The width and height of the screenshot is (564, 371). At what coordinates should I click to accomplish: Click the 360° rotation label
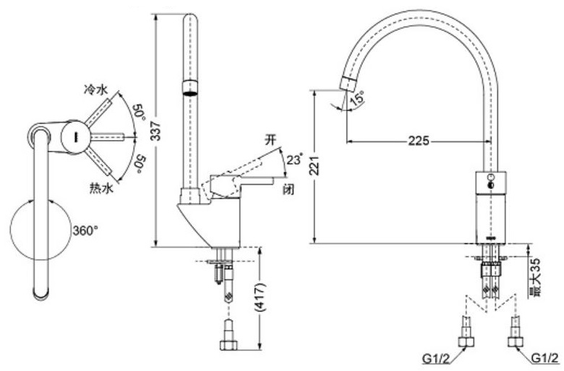click(85, 231)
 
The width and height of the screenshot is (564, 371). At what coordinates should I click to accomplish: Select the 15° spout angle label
click(356, 100)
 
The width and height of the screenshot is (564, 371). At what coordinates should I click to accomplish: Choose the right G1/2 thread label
click(544, 358)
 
